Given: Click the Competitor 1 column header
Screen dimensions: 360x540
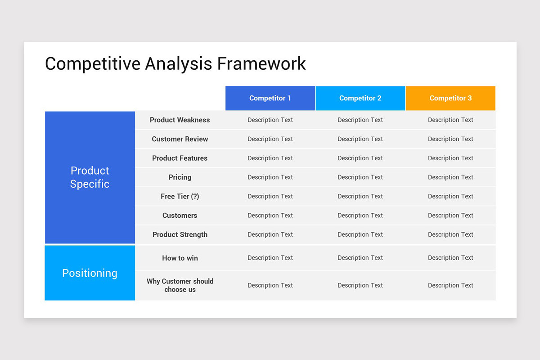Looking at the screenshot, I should (x=270, y=98).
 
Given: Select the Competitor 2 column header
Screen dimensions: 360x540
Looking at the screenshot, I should (x=360, y=98).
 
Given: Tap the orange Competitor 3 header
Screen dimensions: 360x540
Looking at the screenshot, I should (x=450, y=98).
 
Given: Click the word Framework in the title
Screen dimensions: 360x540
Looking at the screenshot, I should (x=261, y=63).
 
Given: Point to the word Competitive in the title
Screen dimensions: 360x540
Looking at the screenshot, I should (x=92, y=63).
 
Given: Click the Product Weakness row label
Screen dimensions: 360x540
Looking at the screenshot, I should (x=180, y=120).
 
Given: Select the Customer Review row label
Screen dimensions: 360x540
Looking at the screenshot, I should (x=180, y=139).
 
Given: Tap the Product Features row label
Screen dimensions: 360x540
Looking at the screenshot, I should (x=180, y=158).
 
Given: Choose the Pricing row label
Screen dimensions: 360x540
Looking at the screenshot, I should (x=180, y=177).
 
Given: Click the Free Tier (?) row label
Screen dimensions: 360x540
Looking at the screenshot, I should (x=180, y=197).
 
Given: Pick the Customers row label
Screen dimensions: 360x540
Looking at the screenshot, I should (x=180, y=216).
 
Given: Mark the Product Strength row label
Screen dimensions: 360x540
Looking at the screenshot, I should (x=180, y=234).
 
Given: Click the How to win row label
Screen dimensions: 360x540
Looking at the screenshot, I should (x=180, y=258).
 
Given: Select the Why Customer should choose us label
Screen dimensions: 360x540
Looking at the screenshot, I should (x=180, y=285).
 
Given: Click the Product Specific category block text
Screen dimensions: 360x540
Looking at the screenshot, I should (x=90, y=177).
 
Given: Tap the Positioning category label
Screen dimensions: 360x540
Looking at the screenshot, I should (x=90, y=273).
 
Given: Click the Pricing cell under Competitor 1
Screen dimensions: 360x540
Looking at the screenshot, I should (x=270, y=177).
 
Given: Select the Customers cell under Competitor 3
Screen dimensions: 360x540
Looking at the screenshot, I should (x=450, y=216).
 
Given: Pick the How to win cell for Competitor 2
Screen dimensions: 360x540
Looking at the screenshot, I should (x=360, y=258).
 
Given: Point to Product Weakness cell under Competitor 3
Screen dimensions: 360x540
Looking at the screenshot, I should (x=450, y=120).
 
